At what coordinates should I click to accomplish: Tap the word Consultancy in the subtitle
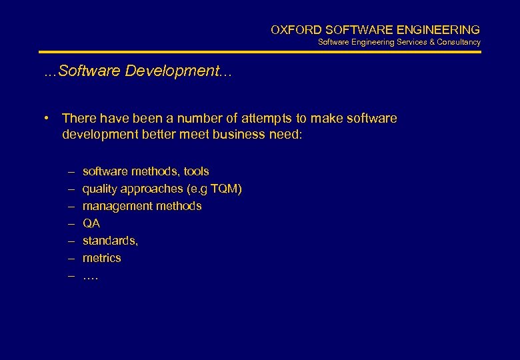[459, 42]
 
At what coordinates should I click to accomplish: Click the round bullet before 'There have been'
[49, 118]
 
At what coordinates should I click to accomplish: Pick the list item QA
[91, 223]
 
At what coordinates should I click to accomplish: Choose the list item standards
[110, 241]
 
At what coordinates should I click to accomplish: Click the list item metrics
[102, 258]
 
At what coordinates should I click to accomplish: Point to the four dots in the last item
[91, 275]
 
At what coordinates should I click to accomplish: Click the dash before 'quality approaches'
[70, 189]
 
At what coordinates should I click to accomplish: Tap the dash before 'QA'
[70, 223]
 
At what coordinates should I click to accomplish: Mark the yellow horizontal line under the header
[259, 51]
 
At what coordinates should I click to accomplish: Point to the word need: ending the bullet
[287, 135]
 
